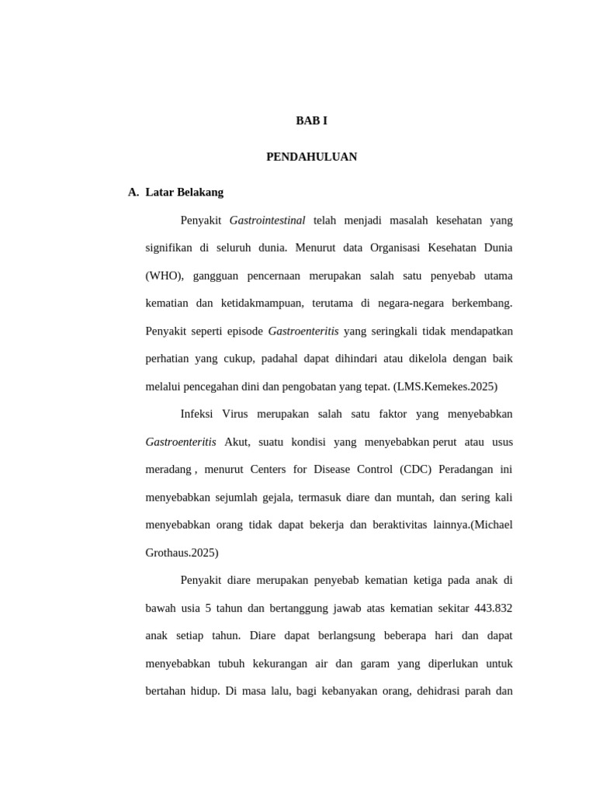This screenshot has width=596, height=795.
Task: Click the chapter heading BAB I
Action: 311,121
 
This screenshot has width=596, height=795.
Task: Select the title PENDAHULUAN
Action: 311,157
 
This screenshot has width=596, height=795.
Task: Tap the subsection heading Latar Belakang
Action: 184,192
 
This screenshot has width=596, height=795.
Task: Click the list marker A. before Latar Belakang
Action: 133,192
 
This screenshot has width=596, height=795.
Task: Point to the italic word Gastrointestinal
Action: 267,220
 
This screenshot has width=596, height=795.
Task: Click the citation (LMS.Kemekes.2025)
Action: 445,387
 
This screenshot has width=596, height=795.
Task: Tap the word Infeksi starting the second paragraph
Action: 197,415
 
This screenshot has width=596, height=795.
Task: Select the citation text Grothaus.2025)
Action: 182,553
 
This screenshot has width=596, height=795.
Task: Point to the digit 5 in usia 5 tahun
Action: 209,608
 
